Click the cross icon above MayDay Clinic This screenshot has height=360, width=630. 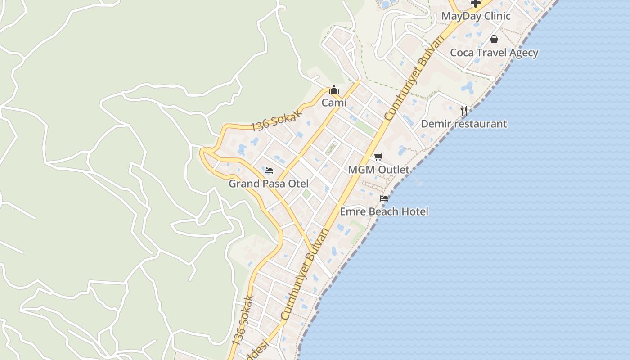[x=476, y=3]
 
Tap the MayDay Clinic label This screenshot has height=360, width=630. [x=476, y=16]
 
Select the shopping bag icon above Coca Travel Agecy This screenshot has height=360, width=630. [x=494, y=39]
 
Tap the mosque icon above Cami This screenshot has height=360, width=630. [x=333, y=90]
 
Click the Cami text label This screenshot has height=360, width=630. [x=334, y=103]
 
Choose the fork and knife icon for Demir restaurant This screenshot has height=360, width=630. [x=464, y=110]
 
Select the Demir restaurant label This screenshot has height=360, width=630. [x=464, y=124]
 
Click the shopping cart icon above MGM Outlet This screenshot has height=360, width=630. [x=378, y=157]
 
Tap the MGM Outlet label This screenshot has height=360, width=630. [x=379, y=170]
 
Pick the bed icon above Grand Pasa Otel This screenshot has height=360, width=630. [x=269, y=171]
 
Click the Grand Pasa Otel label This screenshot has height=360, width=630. [x=269, y=184]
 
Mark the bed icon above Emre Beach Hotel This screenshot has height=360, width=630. [x=384, y=198]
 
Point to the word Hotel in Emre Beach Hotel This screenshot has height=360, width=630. [x=415, y=211]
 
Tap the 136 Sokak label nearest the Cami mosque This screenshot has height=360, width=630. [x=275, y=121]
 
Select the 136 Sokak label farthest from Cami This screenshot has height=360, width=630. [x=243, y=320]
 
